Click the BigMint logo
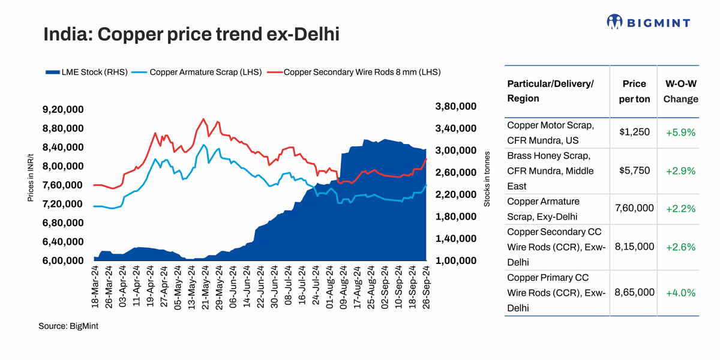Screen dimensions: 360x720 click(648, 23)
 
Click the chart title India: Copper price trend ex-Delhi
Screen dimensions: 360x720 click(191, 34)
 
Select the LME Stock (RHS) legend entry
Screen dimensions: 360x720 click(86, 72)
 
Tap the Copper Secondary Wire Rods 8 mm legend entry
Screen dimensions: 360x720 click(358, 72)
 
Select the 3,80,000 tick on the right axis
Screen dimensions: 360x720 click(455, 106)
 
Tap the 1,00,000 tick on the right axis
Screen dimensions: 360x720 click(455, 261)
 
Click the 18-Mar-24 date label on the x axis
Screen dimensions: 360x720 click(95, 287)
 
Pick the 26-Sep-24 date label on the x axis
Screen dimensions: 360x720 click(427, 287)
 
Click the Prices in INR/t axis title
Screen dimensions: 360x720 click(31, 177)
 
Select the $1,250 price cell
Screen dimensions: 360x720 click(634, 132)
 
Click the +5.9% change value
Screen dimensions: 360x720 click(680, 133)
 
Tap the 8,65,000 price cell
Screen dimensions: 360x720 click(634, 292)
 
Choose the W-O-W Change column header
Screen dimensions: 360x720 click(680, 91)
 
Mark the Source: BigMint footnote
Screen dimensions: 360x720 click(68, 326)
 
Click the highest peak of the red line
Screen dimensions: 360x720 click(203, 119)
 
